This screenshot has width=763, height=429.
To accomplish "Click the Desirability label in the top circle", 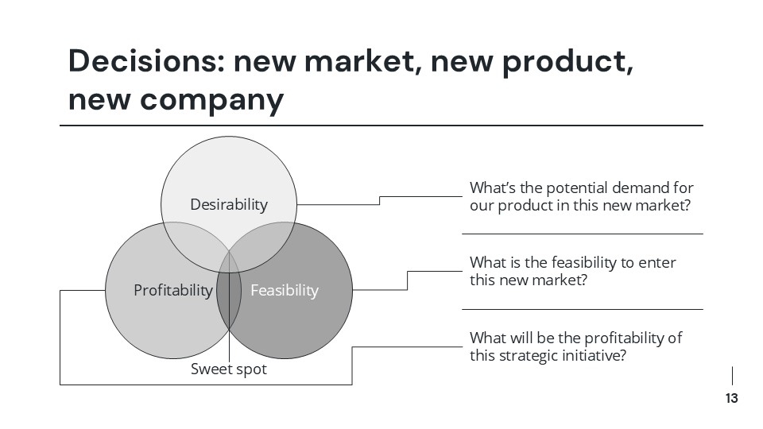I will click(x=229, y=205).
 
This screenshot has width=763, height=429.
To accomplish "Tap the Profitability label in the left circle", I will click(x=173, y=290).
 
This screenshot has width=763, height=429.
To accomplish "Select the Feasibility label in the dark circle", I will click(x=284, y=290).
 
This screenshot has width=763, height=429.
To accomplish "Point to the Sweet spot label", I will click(x=229, y=369).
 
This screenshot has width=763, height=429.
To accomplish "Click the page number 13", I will click(x=731, y=399).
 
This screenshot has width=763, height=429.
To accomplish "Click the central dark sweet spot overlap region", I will click(x=229, y=298).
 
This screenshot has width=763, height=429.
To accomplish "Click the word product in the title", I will click(x=567, y=61).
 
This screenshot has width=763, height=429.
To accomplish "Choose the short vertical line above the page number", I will click(x=732, y=376).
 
